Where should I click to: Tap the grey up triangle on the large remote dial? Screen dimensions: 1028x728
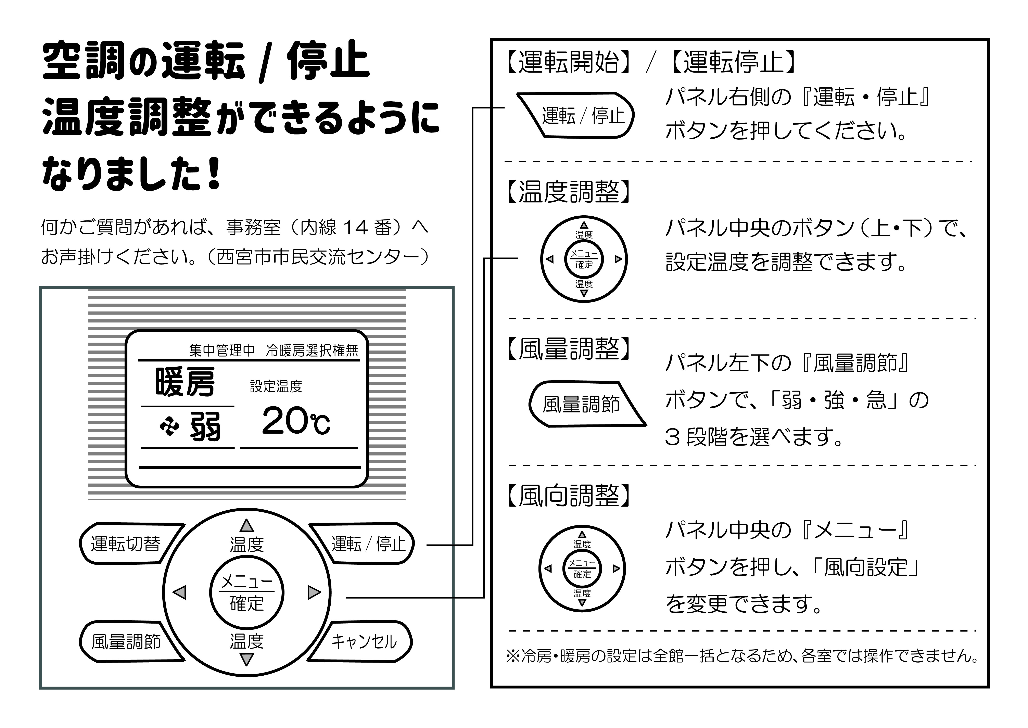[x=246, y=526]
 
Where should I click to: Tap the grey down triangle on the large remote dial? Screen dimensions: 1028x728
[x=246, y=659]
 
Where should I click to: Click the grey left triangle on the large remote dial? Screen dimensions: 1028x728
[x=180, y=593]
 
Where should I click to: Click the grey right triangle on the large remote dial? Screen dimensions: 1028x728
[x=314, y=593]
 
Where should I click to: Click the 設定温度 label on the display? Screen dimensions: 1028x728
[x=276, y=386]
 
